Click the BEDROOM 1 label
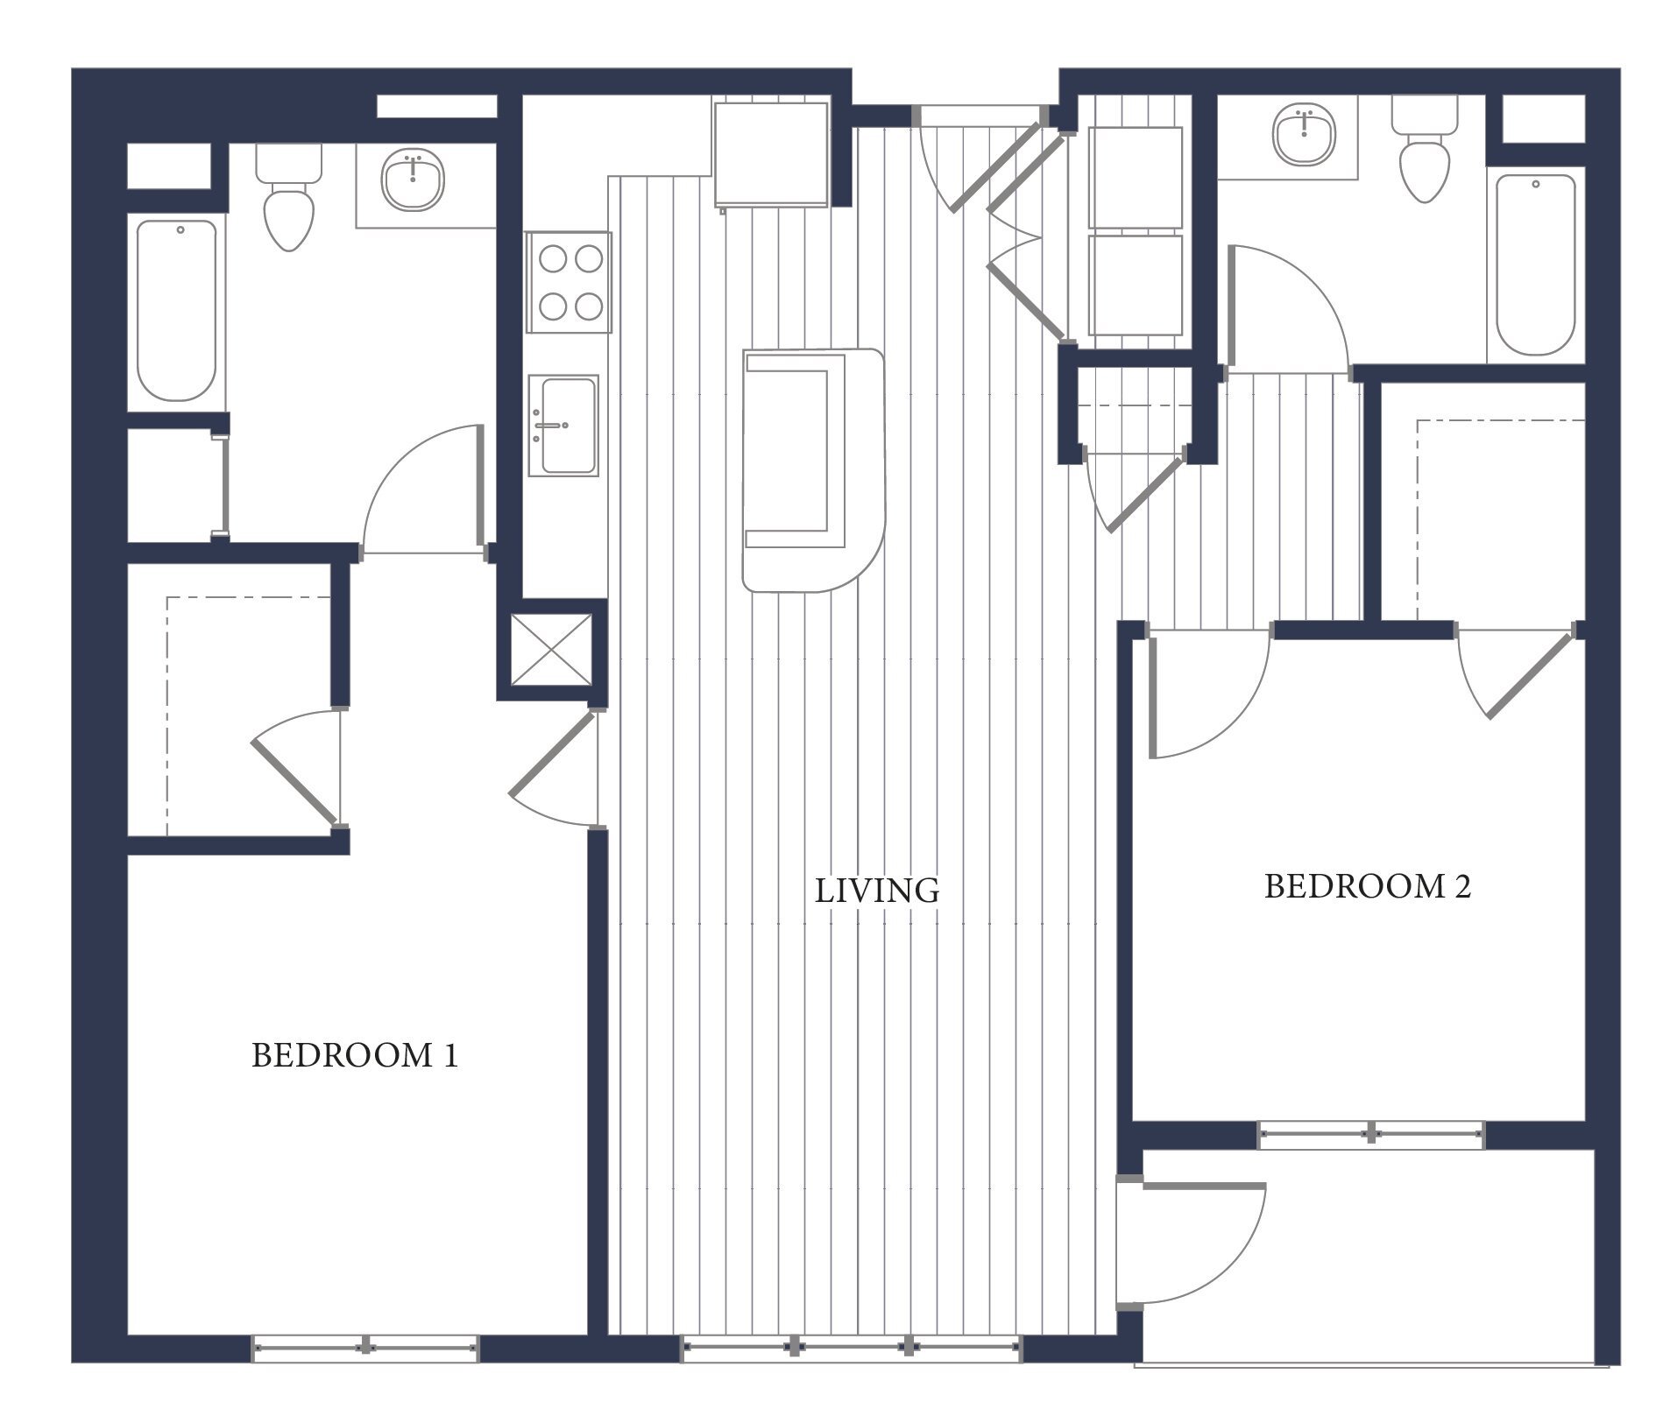[x=355, y=1055]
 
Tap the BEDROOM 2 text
[x=1367, y=886]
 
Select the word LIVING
[x=876, y=891]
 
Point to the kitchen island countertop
[x=813, y=468]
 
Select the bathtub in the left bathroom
[x=178, y=311]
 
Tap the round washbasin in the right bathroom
[x=1304, y=134]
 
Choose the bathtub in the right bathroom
[x=1535, y=264]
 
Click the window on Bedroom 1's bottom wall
[x=365, y=1348]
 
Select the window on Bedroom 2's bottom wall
[x=1371, y=1134]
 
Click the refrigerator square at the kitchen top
[x=771, y=154]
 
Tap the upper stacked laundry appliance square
[x=1136, y=177]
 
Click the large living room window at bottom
[x=852, y=1348]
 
